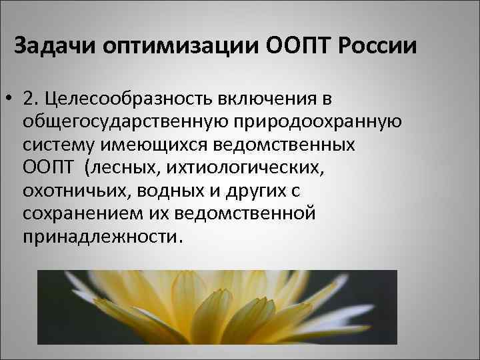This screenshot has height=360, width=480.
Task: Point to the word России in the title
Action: click(378, 48)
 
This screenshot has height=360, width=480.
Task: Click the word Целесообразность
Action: click(122, 99)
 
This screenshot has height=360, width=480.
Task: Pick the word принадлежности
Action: click(100, 237)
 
